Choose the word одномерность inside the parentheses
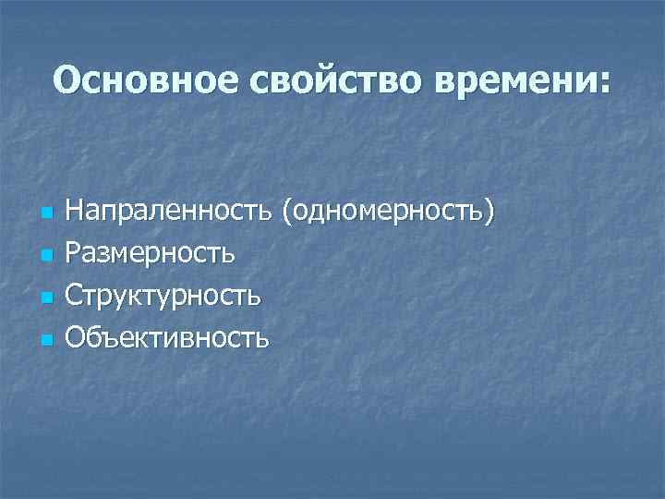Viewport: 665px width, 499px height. click(388, 211)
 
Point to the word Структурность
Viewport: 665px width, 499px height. click(166, 296)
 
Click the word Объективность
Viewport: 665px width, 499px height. click(171, 338)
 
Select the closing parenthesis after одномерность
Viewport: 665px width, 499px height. click(489, 212)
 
